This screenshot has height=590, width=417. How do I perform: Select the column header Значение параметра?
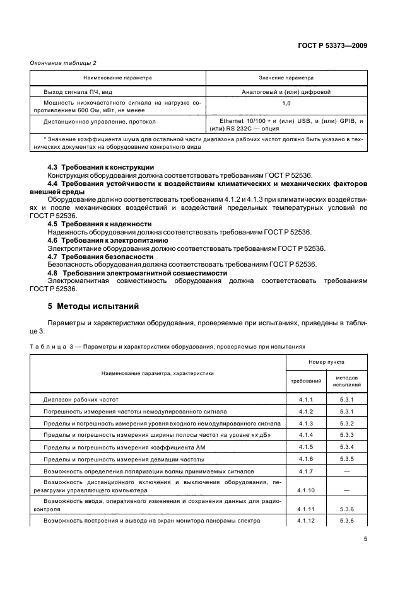click(286, 78)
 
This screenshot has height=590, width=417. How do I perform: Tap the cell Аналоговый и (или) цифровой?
click(286, 91)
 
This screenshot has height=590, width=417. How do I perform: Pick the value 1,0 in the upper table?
click(286, 102)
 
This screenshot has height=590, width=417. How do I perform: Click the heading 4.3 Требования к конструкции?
click(102, 166)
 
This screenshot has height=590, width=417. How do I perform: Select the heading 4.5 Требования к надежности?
click(100, 223)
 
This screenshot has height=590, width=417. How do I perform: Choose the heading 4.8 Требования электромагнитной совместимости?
click(138, 273)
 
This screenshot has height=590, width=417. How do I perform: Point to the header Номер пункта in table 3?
click(326, 362)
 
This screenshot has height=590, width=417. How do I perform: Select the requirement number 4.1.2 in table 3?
click(306, 411)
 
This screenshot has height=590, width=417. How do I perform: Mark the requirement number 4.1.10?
click(306, 489)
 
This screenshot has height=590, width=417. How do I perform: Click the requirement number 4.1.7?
click(306, 470)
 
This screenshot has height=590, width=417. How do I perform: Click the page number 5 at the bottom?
click(365, 539)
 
